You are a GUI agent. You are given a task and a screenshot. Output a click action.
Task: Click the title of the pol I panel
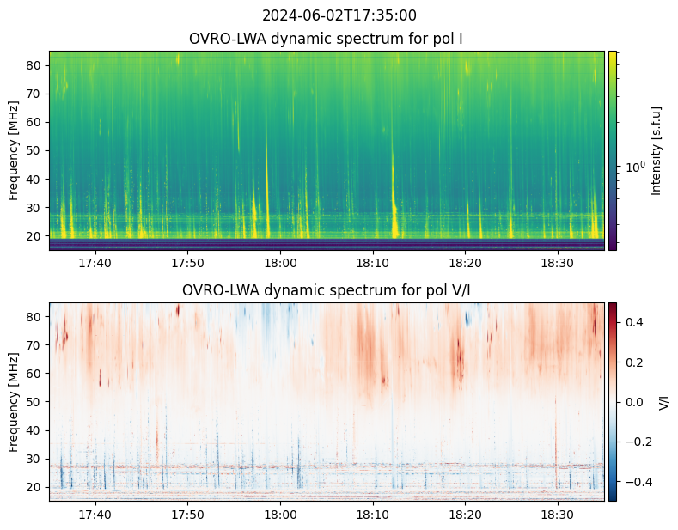click(x=327, y=39)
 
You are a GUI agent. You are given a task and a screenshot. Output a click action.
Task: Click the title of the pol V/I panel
click(x=327, y=290)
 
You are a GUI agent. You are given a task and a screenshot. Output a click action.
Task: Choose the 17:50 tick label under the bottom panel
click(x=187, y=514)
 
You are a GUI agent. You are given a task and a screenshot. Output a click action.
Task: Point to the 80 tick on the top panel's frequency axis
click(x=35, y=65)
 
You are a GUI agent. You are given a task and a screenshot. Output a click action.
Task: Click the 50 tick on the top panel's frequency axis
click(x=35, y=150)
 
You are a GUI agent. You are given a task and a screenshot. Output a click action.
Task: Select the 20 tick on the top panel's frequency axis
click(x=35, y=235)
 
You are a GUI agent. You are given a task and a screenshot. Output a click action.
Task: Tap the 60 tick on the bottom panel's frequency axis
click(x=35, y=374)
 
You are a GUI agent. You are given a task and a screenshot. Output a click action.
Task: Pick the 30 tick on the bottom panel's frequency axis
click(x=35, y=459)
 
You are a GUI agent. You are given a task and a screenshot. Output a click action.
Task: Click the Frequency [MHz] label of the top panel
click(x=13, y=150)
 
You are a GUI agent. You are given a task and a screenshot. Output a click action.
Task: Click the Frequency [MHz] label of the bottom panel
click(x=13, y=402)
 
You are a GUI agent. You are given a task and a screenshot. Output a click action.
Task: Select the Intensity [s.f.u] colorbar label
click(x=657, y=150)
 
